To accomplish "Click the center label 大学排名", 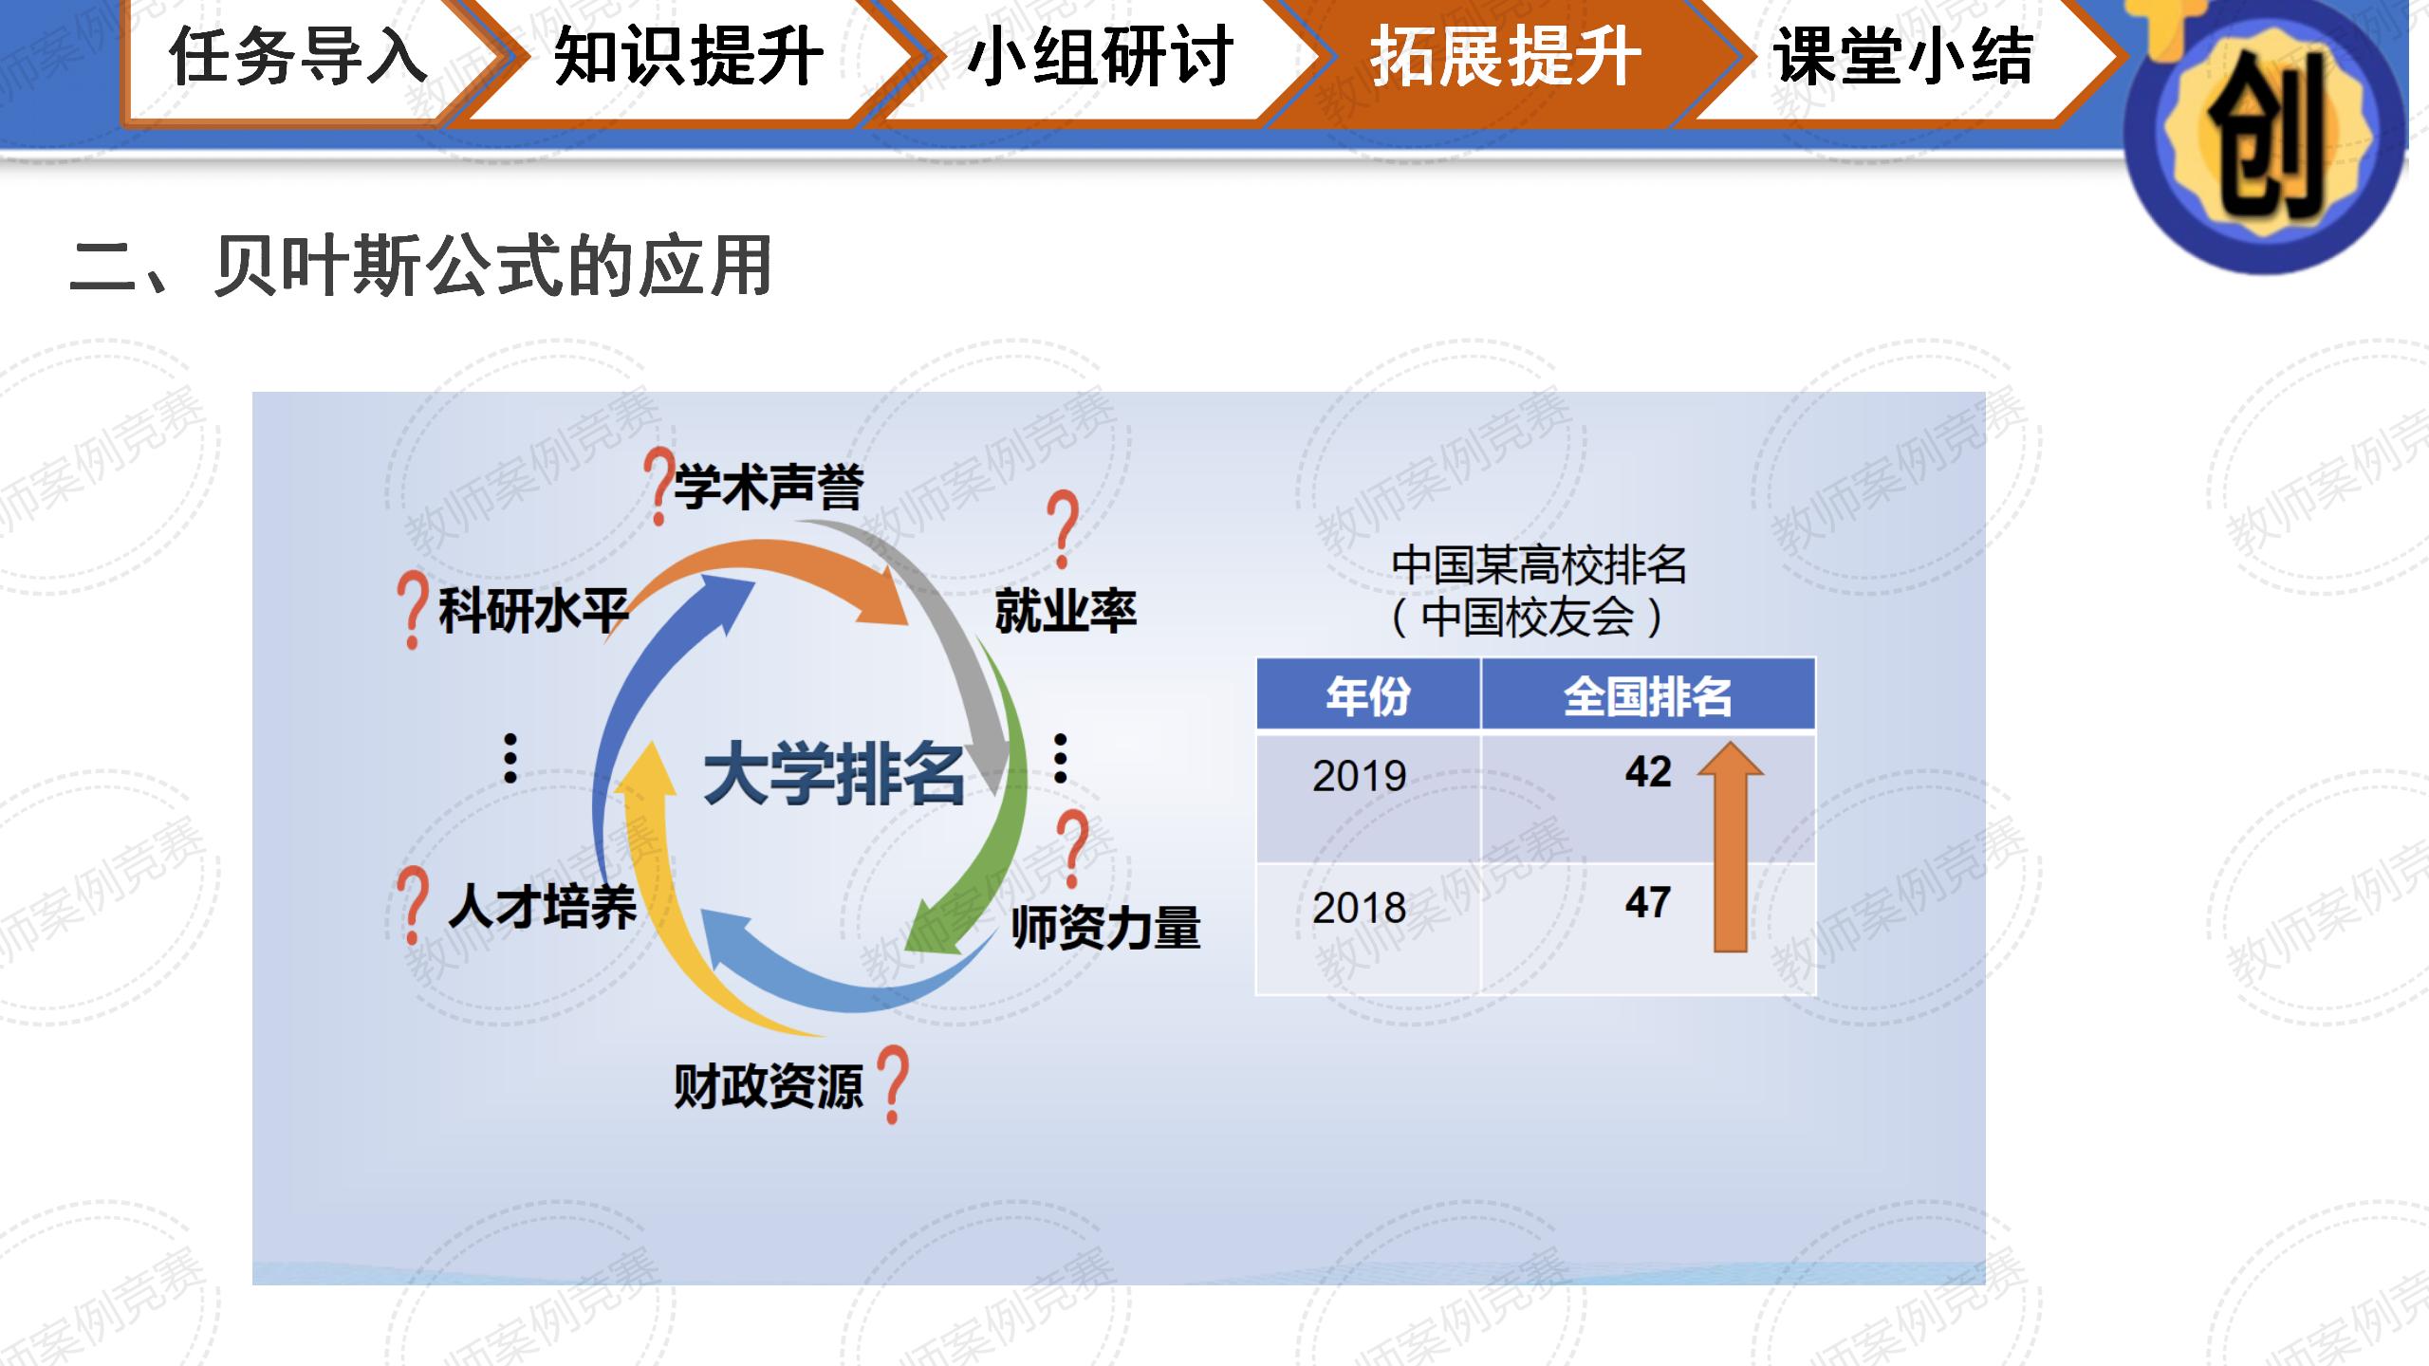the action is pyautogui.click(x=834, y=775).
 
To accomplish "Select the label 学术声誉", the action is pyautogui.click(x=769, y=487).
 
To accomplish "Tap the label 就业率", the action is pyautogui.click(x=1066, y=610).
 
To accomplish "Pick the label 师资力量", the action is pyautogui.click(x=1105, y=927).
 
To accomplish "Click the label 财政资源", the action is pyautogui.click(x=769, y=1085).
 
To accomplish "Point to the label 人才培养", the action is pyautogui.click(x=542, y=906).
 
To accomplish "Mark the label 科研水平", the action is pyautogui.click(x=533, y=610).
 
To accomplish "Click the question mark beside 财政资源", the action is pyautogui.click(x=892, y=1085).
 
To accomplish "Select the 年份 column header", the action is pyautogui.click(x=1368, y=696).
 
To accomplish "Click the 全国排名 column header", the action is pyautogui.click(x=1648, y=696).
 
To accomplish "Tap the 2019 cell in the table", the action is pyautogui.click(x=1360, y=776).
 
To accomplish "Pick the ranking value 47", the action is pyautogui.click(x=1648, y=902).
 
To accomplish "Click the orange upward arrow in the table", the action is pyautogui.click(x=1731, y=846).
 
